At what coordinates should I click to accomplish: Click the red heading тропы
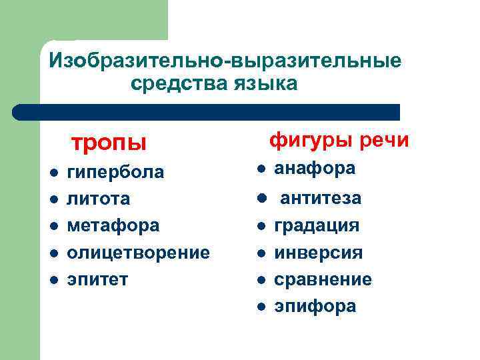(109, 143)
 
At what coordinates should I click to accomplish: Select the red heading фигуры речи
(339, 141)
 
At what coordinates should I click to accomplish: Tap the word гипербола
(115, 173)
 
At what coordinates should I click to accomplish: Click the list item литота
(99, 199)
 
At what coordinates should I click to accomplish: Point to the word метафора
(113, 225)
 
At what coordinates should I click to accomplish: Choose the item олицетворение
(138, 253)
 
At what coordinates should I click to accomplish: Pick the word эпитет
(97, 279)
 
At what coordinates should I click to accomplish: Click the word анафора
(315, 169)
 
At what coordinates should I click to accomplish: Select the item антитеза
(321, 198)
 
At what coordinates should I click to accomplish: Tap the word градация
(317, 225)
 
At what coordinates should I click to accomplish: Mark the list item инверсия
(319, 253)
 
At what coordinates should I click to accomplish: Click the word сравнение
(323, 279)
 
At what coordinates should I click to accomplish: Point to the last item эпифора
(315, 306)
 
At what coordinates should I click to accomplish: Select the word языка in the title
(266, 84)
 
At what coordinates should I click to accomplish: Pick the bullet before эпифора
(262, 307)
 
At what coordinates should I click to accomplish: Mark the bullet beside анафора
(263, 169)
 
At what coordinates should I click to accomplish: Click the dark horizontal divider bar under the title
(207, 112)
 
